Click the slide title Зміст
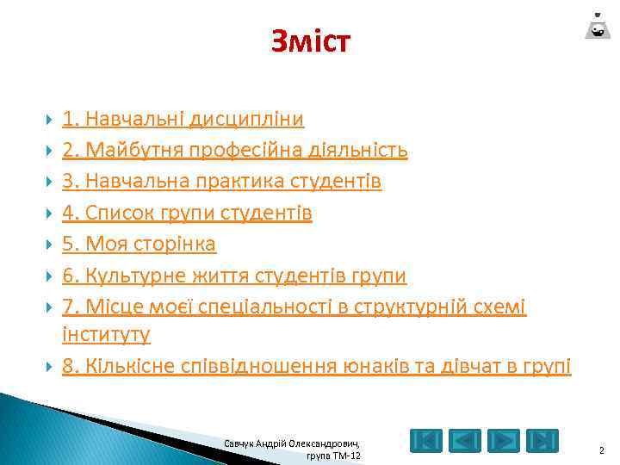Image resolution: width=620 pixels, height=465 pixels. tap(310, 40)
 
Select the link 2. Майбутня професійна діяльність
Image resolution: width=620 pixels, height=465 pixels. tap(234, 151)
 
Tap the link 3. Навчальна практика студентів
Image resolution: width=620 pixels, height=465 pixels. tap(221, 182)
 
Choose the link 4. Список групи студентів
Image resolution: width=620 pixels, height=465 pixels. tap(187, 213)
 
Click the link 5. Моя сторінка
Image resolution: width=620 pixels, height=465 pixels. tap(139, 244)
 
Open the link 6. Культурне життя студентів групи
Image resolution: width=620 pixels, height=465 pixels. tap(233, 275)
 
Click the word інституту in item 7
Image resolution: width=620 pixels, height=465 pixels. tap(106, 332)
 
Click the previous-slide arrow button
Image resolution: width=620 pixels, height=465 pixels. tap(466, 441)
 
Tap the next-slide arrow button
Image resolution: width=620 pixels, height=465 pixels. tap(504, 441)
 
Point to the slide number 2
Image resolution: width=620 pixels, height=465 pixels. tap(601, 449)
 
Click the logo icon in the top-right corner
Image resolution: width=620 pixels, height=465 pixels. tap(596, 25)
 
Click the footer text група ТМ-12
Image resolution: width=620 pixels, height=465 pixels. tap(334, 456)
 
